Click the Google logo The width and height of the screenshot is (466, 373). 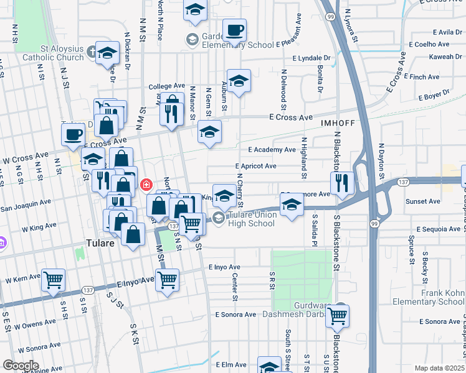21,366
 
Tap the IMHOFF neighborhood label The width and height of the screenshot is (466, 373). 338,123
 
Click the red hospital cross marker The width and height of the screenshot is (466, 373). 146,185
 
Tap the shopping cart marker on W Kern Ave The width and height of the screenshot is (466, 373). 53,280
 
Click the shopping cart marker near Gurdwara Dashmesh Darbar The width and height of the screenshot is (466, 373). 338,315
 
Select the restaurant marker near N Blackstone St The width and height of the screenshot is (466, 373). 342,182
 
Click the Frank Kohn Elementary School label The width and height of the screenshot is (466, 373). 429,297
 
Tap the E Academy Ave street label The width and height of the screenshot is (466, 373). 272,150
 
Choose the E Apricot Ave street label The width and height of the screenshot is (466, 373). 255,166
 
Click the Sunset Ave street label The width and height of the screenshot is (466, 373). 423,201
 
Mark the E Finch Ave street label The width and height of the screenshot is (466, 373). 422,77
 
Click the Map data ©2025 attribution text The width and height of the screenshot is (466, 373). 440,368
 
